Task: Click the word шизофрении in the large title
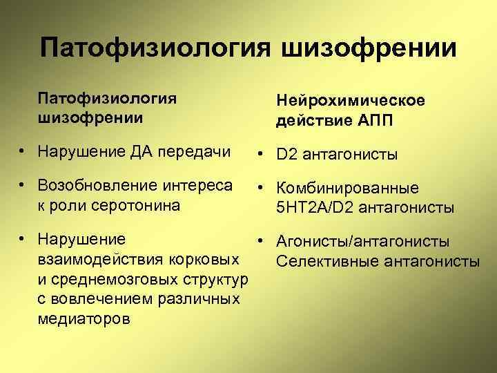click(x=369, y=48)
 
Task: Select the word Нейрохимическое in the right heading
click(x=351, y=102)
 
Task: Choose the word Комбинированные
click(x=349, y=189)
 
